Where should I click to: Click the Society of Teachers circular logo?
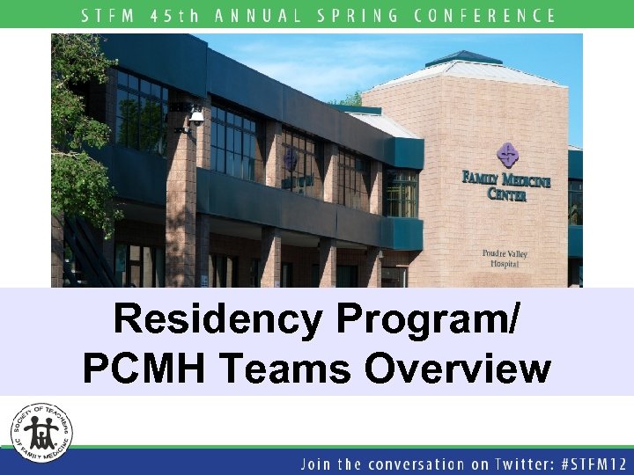tap(41, 433)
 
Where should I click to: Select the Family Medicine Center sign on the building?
tap(506, 185)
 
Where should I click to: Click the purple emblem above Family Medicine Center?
tap(506, 156)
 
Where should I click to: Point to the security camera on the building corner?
tap(195, 117)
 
